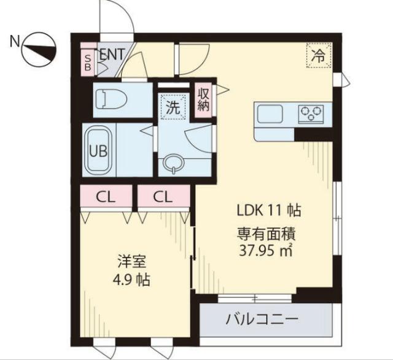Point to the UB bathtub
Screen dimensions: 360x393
coord(98,150)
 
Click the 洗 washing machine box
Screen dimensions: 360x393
coord(173,108)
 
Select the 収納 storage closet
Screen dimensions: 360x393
coord(204,99)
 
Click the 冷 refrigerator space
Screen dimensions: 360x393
coord(317,56)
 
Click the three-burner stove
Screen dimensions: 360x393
coord(311,113)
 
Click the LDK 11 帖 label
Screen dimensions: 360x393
coord(268,210)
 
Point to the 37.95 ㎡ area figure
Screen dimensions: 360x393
coord(268,249)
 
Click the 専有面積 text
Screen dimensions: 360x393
coord(268,234)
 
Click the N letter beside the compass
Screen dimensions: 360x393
coord(14,42)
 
